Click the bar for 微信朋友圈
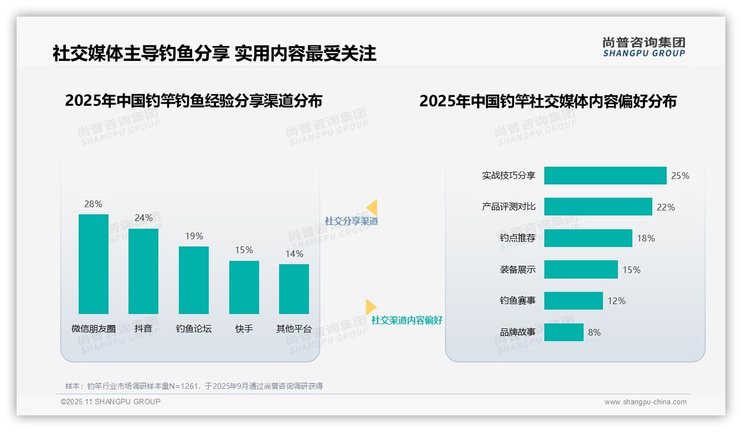[x=94, y=264]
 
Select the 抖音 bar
[x=143, y=271]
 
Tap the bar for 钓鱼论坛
[x=194, y=280]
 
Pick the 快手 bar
[x=244, y=287]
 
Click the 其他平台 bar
[x=294, y=289]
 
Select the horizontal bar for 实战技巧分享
[x=605, y=176]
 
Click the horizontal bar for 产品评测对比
[x=598, y=207]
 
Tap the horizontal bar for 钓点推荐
[x=588, y=238]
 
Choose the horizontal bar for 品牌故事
[x=564, y=332]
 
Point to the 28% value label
[x=94, y=204]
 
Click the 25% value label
[x=680, y=176]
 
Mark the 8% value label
[x=594, y=332]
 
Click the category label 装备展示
[x=518, y=270]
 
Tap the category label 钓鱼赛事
[x=518, y=301]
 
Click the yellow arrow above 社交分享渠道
[x=372, y=207]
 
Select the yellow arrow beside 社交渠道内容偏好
[x=370, y=307]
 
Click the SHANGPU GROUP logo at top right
[x=643, y=47]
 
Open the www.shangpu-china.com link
[x=645, y=402]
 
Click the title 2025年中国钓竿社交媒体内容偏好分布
[x=548, y=101]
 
